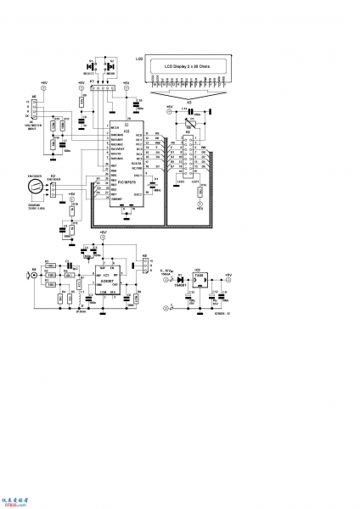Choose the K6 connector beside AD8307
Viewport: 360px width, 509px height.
[145, 259]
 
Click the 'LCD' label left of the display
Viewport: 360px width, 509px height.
[138, 59]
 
